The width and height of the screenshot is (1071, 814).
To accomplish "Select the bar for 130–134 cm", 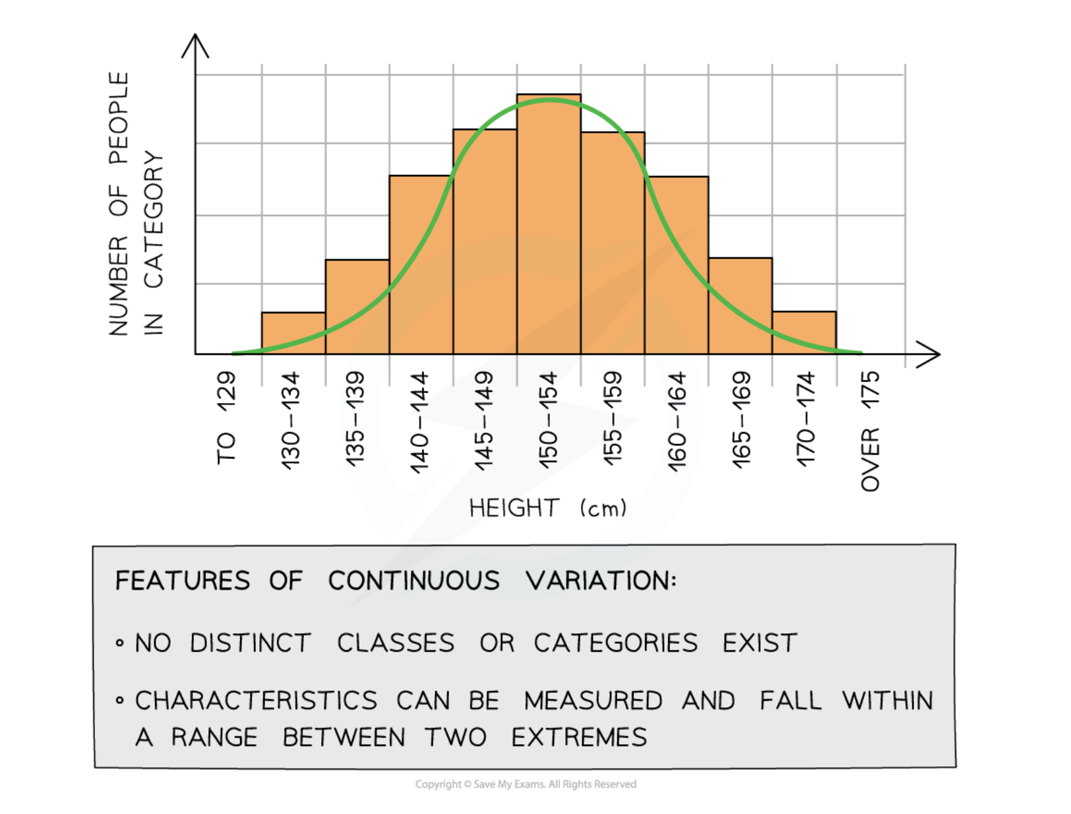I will pos(293,333).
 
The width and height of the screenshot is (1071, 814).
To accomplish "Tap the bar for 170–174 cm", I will pos(804,332).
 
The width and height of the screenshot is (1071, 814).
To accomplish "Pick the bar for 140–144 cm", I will pos(421,264).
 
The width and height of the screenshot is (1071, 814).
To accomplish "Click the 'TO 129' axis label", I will pos(226,418).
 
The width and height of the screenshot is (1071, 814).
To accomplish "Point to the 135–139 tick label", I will pos(355,420).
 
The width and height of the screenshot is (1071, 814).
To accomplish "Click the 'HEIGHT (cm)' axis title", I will pos(547,508).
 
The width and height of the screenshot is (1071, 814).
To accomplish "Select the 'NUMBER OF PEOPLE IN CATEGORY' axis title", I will pos(135,204).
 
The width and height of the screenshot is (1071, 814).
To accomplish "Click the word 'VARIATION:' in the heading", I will pos(601,581).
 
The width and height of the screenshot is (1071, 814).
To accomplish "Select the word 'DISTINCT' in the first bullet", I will pos(250,643).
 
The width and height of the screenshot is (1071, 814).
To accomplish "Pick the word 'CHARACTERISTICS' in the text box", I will pos(256,701).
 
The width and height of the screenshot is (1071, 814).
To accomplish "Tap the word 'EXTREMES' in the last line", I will pos(579,737).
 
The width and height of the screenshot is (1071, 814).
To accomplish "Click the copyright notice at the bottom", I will pos(526,784).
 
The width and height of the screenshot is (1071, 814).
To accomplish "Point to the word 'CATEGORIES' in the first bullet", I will pos(615,643).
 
